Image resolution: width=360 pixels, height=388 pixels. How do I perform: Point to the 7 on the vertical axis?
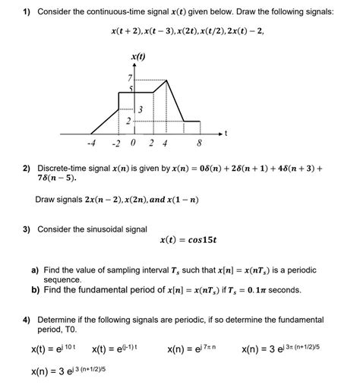(131, 79)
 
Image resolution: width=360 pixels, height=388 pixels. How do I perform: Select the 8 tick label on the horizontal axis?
(199, 144)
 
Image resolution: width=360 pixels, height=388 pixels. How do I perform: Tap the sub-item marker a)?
(36, 270)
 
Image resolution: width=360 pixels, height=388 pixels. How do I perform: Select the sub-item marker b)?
(36, 289)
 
